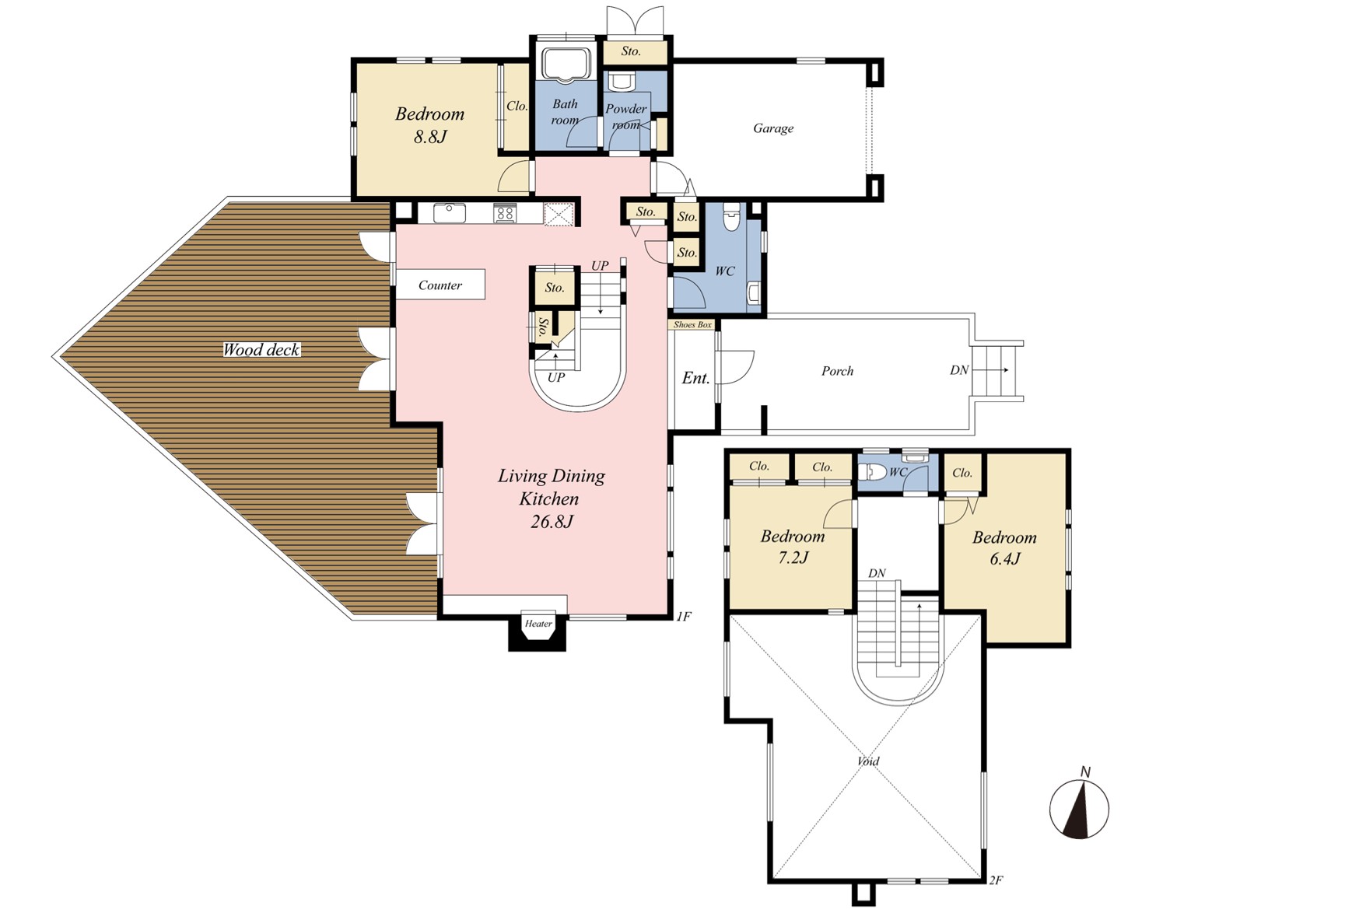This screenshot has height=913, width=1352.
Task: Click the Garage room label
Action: pyautogui.click(x=772, y=128)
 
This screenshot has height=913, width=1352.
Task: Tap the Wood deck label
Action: pyautogui.click(x=261, y=350)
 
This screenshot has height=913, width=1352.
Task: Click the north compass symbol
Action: pyautogui.click(x=1079, y=809)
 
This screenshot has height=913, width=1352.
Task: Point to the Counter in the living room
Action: pyautogui.click(x=440, y=285)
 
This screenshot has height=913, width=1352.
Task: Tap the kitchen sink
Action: pyautogui.click(x=450, y=213)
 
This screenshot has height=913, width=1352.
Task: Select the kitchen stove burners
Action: pyautogui.click(x=504, y=213)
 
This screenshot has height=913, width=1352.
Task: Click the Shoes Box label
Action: pyautogui.click(x=692, y=324)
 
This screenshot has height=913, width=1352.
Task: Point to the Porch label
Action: pyautogui.click(x=838, y=372)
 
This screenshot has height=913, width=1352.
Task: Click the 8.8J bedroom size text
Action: pyautogui.click(x=430, y=138)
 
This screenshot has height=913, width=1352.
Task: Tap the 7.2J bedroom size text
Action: pyautogui.click(x=793, y=558)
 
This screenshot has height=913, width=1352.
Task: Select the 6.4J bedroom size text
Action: pyautogui.click(x=1005, y=558)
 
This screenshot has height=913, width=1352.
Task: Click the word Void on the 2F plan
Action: pyautogui.click(x=868, y=761)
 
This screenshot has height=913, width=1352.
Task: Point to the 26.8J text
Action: pyautogui.click(x=552, y=522)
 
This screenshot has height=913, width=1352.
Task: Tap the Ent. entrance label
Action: pyautogui.click(x=696, y=378)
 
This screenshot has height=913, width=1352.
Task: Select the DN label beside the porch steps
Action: pyautogui.click(x=959, y=370)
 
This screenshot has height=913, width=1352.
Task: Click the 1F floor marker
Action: pyautogui.click(x=683, y=617)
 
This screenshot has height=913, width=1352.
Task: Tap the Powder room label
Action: pyautogui.click(x=626, y=117)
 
